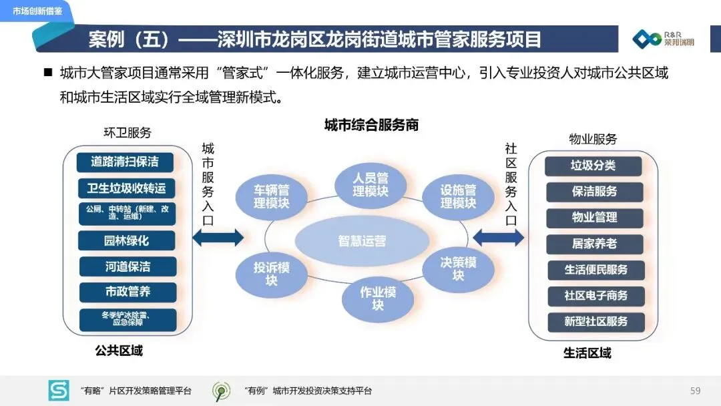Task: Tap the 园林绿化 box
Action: click(x=126, y=240)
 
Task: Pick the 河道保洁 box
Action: click(x=127, y=266)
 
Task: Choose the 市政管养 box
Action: click(x=127, y=292)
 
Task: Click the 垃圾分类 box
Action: click(x=593, y=166)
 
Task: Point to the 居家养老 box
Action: click(x=594, y=244)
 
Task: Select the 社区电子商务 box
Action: click(x=596, y=295)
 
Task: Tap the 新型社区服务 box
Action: click(x=596, y=321)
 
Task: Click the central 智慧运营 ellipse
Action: click(x=361, y=242)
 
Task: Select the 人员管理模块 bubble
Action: click(x=371, y=184)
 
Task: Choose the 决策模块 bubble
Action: click(x=458, y=268)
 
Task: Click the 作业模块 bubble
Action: click(x=378, y=298)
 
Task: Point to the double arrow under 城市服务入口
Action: click(x=218, y=236)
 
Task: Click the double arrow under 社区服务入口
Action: click(x=499, y=236)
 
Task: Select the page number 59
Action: click(x=695, y=391)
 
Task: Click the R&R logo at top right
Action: click(x=665, y=39)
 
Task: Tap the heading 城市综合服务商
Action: click(x=371, y=125)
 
